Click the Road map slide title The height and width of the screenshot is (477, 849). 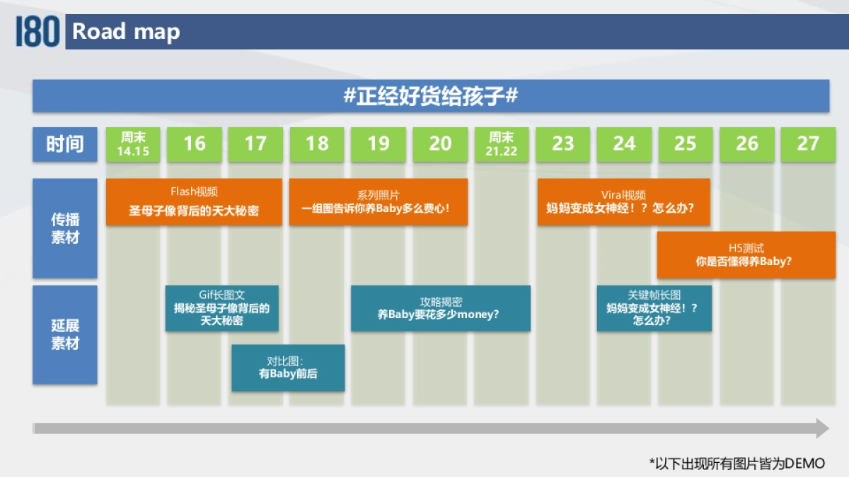click(126, 32)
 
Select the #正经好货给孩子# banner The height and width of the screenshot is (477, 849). click(430, 96)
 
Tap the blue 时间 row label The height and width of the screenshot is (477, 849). click(64, 144)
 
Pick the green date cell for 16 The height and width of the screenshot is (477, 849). click(194, 144)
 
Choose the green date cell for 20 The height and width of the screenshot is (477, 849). click(440, 144)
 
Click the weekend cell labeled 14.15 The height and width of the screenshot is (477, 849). click(133, 144)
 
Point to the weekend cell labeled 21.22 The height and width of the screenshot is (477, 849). click(501, 144)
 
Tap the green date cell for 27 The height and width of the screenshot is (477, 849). click(807, 144)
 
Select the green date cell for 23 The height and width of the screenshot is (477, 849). click(562, 144)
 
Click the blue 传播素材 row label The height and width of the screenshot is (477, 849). click(64, 228)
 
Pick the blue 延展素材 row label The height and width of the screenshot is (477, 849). click(64, 335)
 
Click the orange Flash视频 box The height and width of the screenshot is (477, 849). click(194, 202)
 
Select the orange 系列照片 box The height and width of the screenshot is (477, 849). click(379, 202)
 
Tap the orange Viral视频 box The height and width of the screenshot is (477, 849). click(623, 202)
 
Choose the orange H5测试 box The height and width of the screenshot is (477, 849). click(746, 255)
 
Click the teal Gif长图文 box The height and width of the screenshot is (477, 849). click(221, 308)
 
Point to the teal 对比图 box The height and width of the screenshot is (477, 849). click(288, 367)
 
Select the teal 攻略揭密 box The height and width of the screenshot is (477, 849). click(440, 308)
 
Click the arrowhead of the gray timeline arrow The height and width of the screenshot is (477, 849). click(821, 428)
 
